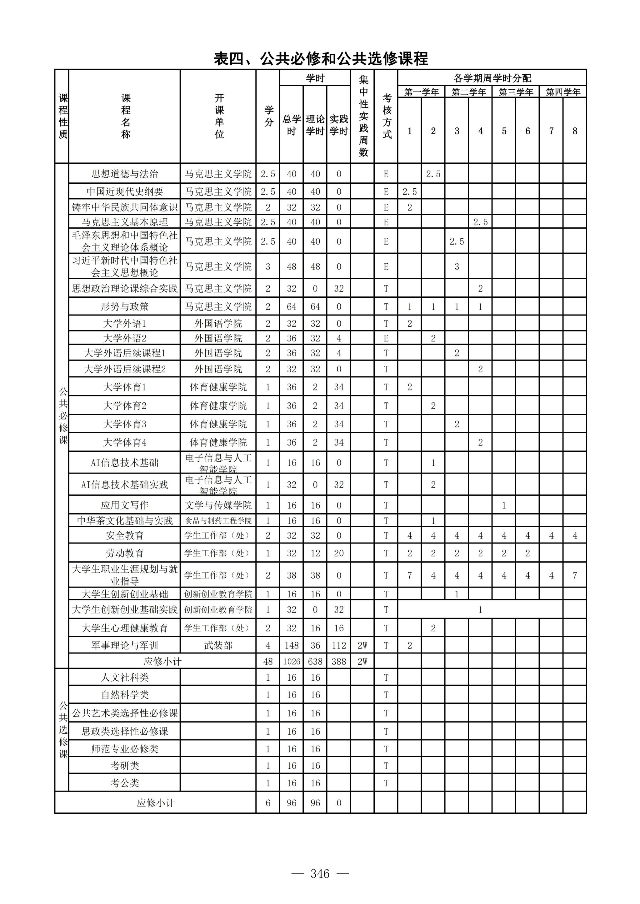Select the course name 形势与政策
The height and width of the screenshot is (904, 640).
(x=125, y=306)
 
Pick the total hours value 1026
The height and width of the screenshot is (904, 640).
(x=291, y=661)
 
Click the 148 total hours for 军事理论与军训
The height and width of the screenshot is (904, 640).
(x=291, y=645)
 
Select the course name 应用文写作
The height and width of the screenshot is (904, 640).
(x=125, y=505)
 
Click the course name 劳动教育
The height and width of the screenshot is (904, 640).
(x=125, y=553)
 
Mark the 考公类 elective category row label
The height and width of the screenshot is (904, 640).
(x=125, y=783)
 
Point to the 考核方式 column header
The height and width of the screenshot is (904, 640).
(x=387, y=116)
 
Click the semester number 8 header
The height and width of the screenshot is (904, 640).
(x=575, y=131)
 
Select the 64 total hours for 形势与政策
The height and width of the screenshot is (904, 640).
(x=291, y=306)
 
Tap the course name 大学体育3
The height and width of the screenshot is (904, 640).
(x=125, y=424)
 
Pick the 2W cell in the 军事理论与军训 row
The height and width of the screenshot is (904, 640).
(x=362, y=645)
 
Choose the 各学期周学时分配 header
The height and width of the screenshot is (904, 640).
(x=492, y=78)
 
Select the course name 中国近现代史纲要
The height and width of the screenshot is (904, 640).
(x=125, y=191)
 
